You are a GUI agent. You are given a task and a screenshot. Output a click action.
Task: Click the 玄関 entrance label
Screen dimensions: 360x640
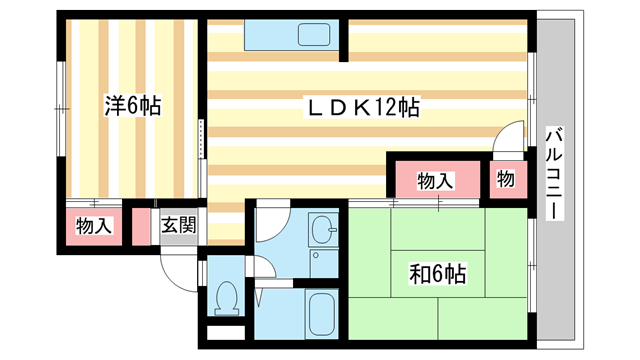179,226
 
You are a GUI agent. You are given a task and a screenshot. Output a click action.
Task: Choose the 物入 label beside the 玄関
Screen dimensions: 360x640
93,226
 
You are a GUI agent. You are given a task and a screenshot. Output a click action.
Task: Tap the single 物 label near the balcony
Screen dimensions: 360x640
506,181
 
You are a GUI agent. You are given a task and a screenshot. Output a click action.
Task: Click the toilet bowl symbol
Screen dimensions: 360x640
227,295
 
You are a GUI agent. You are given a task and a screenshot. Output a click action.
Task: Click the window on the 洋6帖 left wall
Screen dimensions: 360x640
59,106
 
